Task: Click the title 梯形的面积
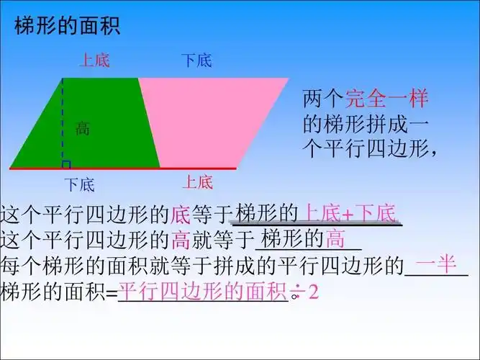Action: tap(67, 27)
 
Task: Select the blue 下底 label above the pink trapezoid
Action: tap(196, 60)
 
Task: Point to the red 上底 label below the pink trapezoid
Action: tap(196, 181)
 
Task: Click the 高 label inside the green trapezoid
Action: tap(83, 129)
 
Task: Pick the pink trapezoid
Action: tap(209, 122)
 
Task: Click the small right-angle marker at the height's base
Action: tap(66, 164)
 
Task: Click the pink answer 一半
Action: tap(436, 264)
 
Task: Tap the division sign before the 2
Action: tap(295, 294)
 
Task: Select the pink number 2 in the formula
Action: tap(313, 293)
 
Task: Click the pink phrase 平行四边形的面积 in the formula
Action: tap(202, 292)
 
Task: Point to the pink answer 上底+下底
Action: tap(349, 213)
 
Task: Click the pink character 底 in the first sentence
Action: tap(179, 214)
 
